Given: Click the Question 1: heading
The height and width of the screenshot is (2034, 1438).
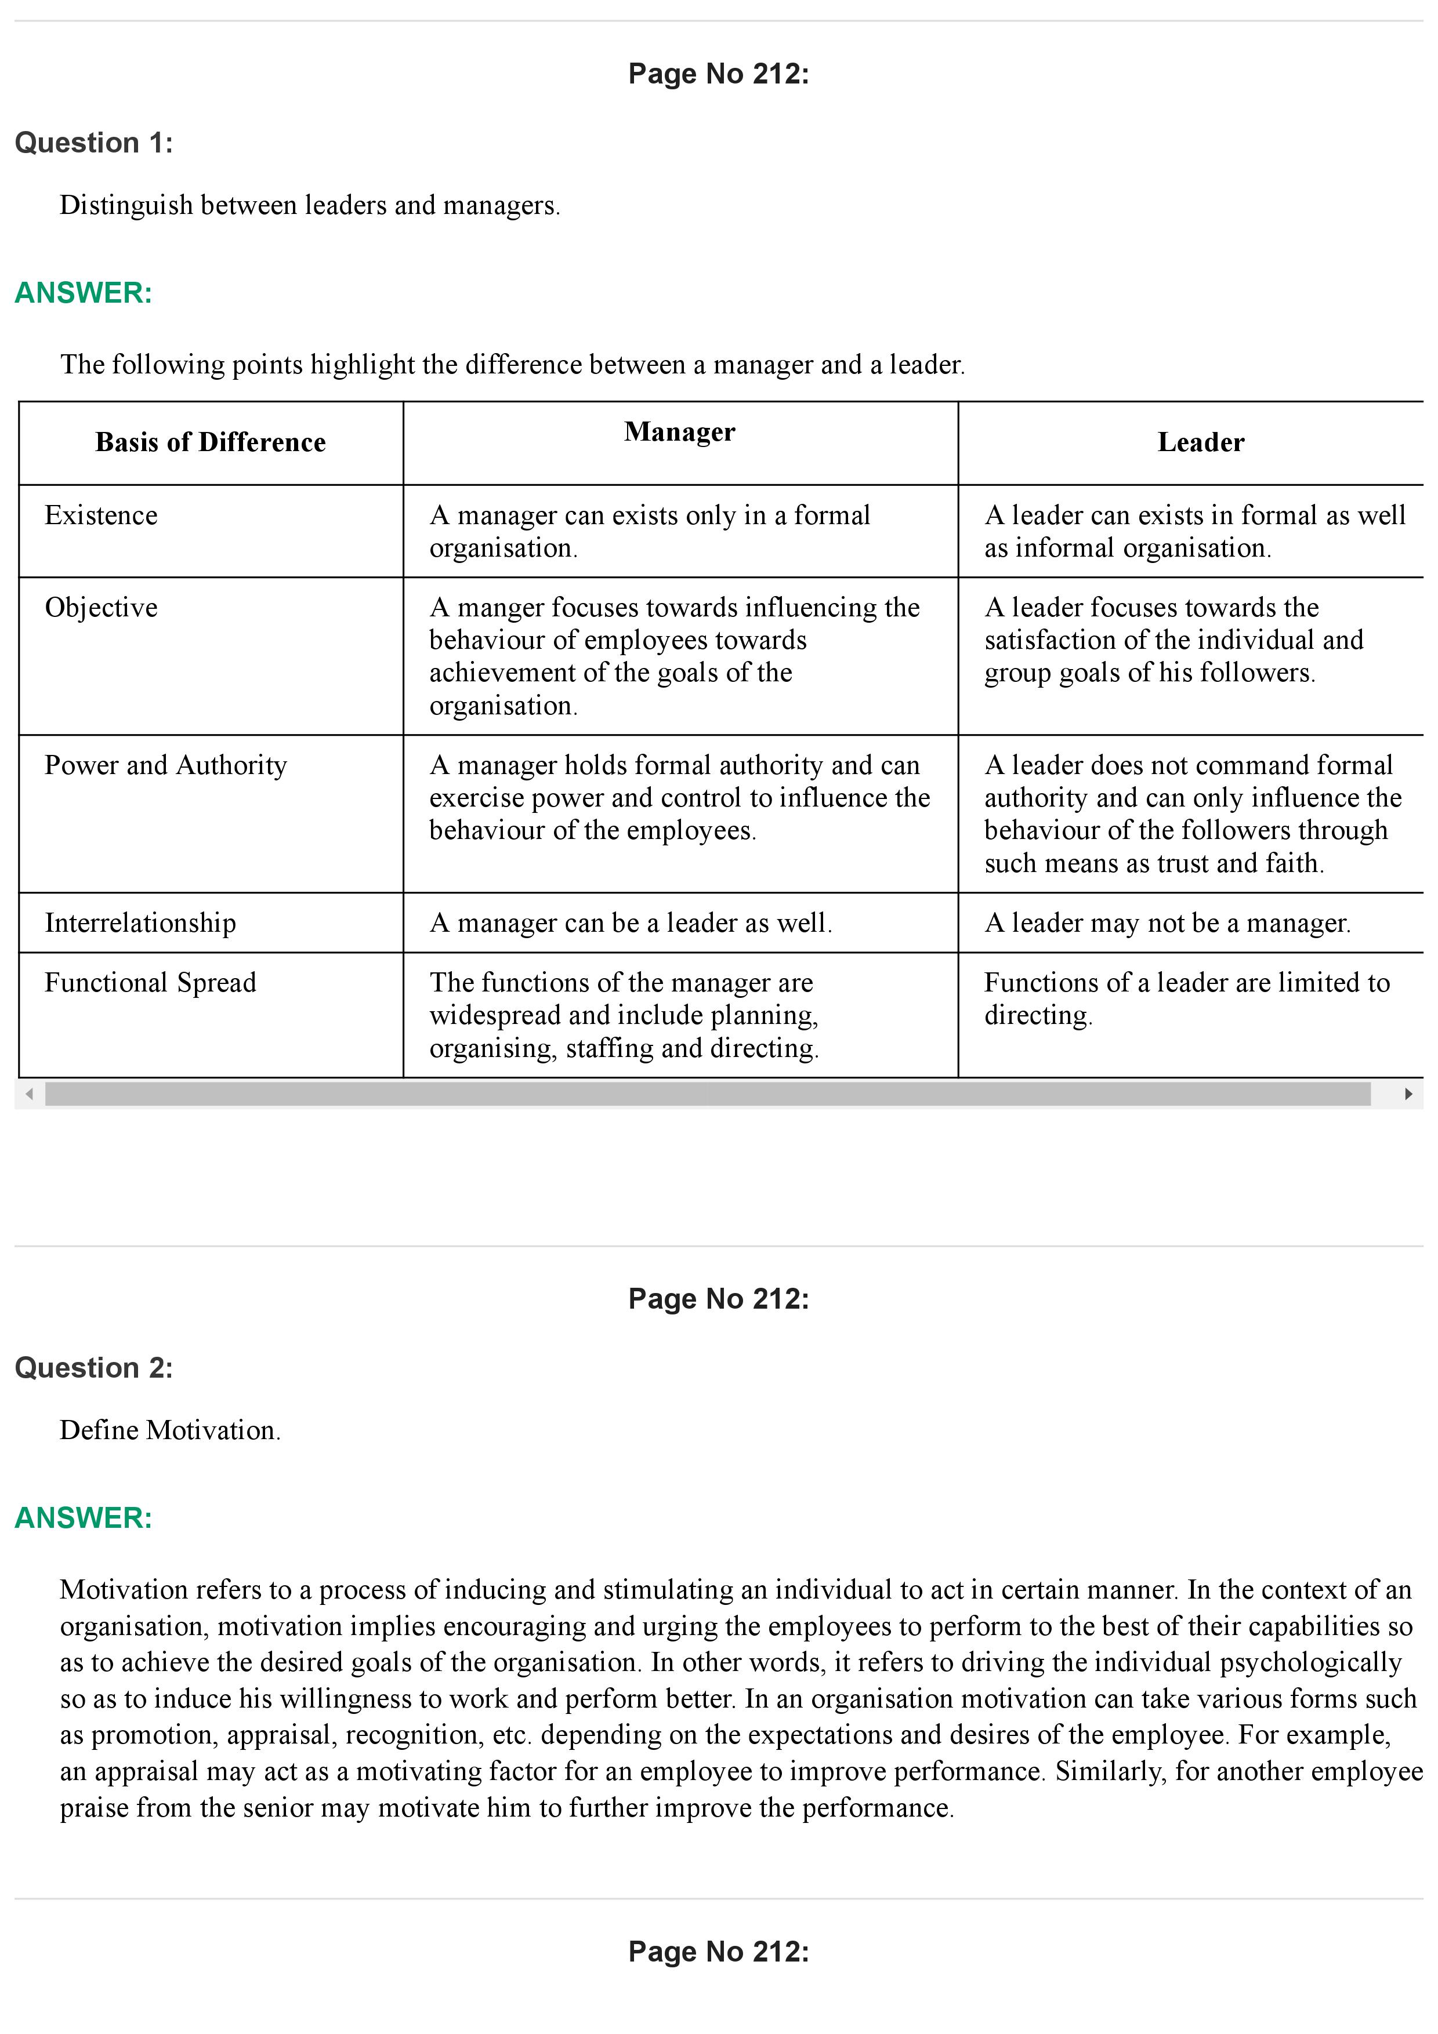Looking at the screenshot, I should (94, 143).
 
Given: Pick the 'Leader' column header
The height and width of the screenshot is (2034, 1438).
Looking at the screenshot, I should (1201, 442).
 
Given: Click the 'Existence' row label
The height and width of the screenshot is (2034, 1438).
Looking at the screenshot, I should (101, 515).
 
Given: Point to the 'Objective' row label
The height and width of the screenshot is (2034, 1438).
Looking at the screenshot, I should (101, 608).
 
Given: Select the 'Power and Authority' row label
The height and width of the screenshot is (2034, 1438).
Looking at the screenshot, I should (166, 765).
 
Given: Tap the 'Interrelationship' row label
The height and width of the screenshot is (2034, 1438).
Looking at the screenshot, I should (140, 923).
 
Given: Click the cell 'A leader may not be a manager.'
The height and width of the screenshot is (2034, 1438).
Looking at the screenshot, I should (1167, 923).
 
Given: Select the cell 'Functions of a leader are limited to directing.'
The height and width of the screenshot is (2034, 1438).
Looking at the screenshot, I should (1186, 998).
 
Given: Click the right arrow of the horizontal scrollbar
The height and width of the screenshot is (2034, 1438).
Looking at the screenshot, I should (1408, 1094).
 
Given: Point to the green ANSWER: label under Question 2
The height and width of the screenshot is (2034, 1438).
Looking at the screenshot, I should (84, 1517).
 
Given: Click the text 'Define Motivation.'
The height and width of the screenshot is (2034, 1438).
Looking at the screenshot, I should (170, 1430).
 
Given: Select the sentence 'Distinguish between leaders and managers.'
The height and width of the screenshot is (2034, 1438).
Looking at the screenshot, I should (309, 205).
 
